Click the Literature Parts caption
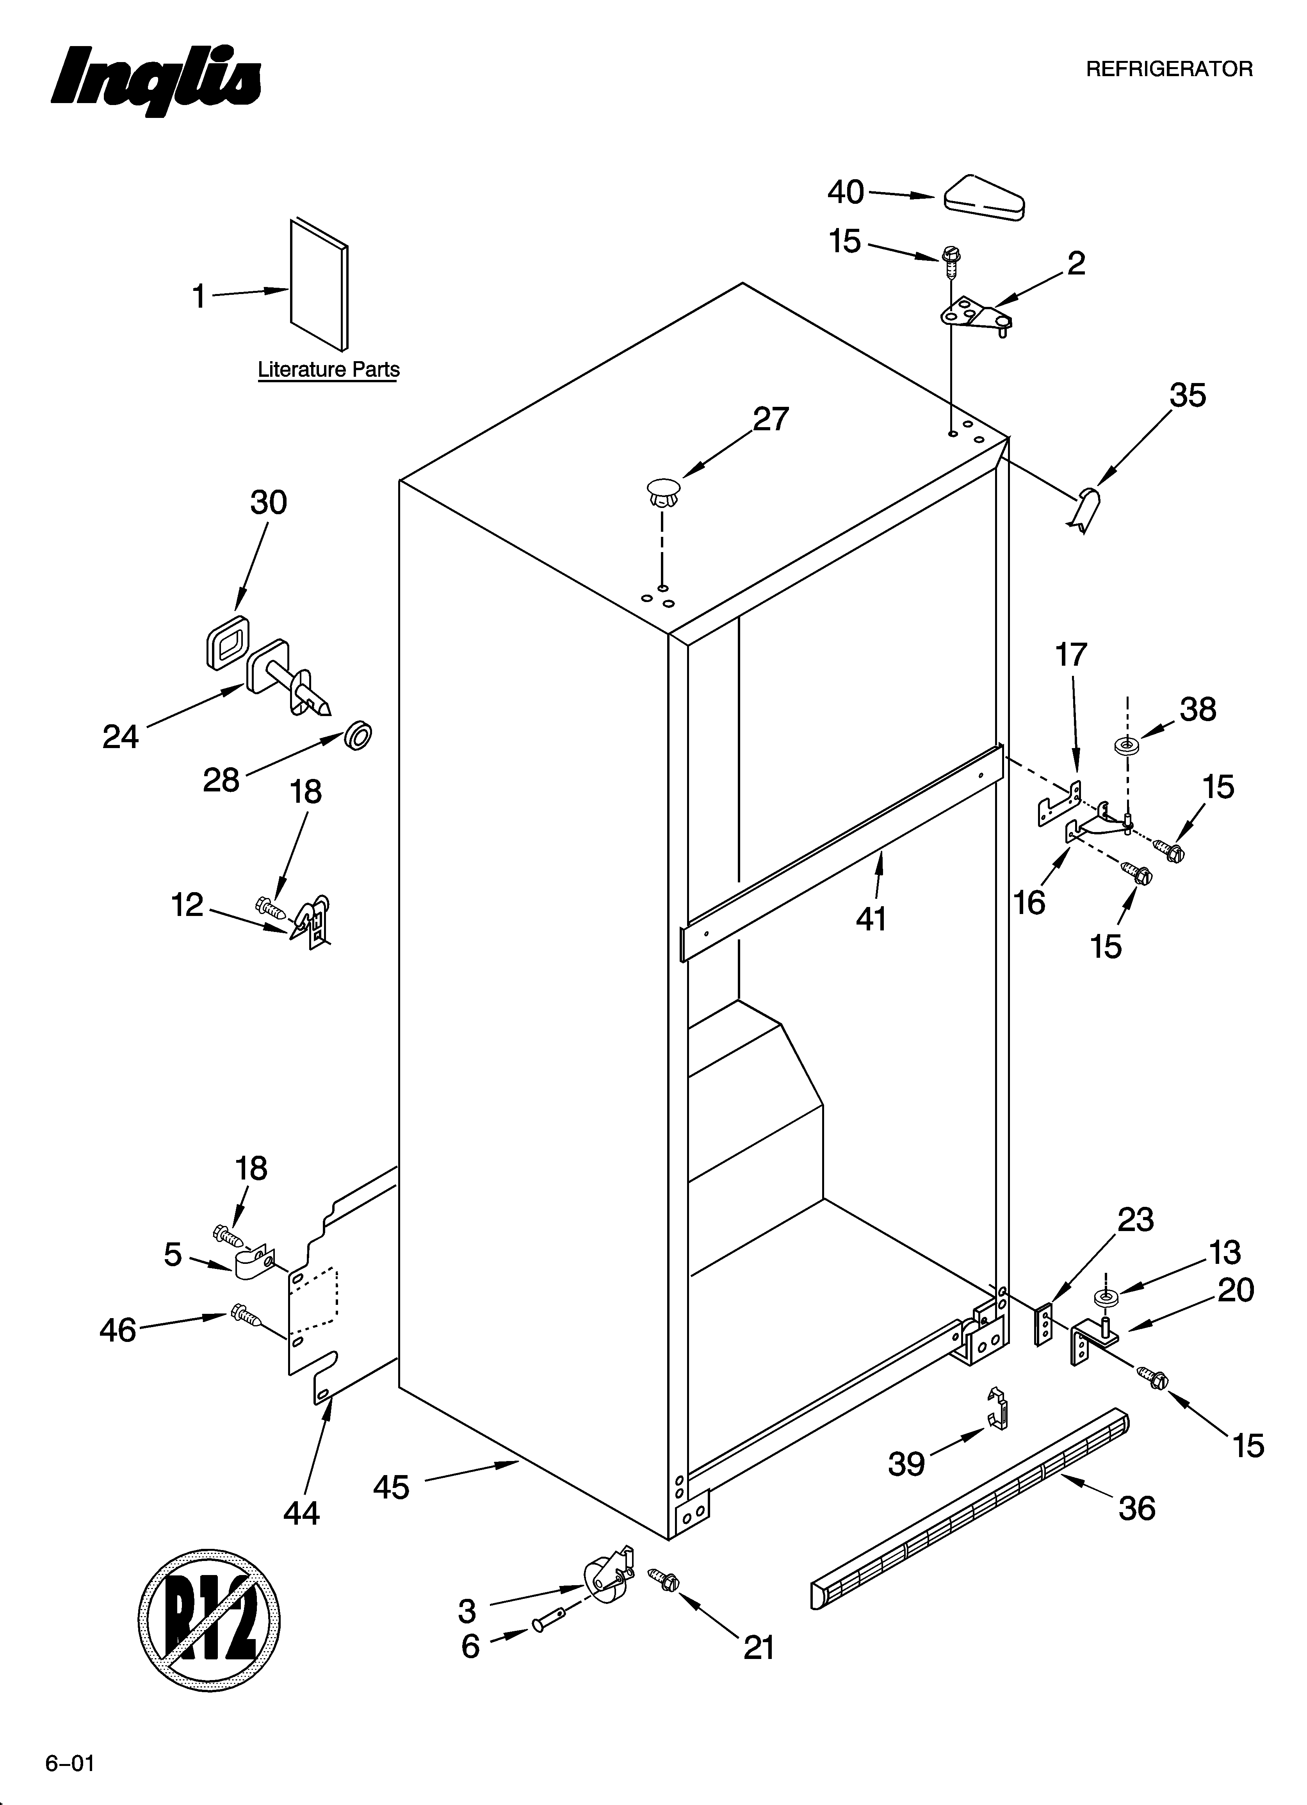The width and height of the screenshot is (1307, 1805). [328, 370]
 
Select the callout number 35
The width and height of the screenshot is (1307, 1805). [1187, 396]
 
